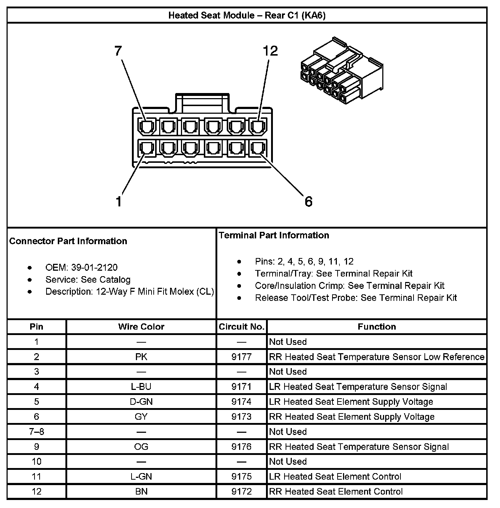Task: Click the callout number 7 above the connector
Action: click(118, 51)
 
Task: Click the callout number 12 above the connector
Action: click(270, 51)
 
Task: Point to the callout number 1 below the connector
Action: click(119, 201)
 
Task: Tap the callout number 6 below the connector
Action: click(308, 201)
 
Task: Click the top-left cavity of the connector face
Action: click(147, 127)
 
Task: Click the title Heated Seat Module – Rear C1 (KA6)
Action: click(247, 15)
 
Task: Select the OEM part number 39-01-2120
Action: click(94, 268)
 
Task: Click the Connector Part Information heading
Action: click(68, 241)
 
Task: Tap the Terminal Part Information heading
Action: click(274, 235)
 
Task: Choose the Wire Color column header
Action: click(141, 327)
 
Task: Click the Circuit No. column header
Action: click(241, 327)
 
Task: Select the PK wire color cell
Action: click(141, 357)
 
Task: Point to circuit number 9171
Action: click(241, 387)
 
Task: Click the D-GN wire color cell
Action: click(141, 402)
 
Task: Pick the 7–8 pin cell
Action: click(36, 432)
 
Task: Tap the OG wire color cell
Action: click(141, 447)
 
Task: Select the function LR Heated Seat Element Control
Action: click(335, 476)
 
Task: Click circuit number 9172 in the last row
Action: click(241, 492)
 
